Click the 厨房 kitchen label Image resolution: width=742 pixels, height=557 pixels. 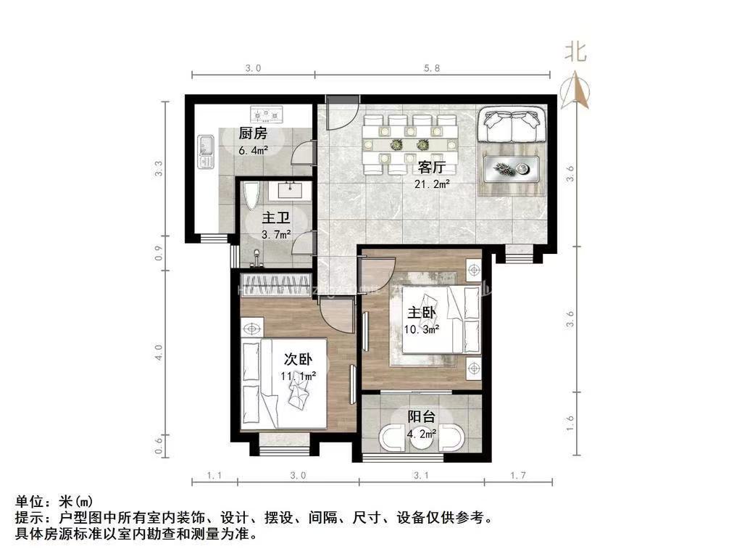254,133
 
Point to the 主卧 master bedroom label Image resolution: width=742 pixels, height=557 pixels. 422,313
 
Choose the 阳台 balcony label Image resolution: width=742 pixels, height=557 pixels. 421,417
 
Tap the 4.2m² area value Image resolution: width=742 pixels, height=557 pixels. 421,434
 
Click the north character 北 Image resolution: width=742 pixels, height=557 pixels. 575,51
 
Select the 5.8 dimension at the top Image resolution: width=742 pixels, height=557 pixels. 432,68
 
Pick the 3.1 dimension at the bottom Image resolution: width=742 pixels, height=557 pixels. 422,476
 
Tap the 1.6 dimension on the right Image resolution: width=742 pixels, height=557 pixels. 571,423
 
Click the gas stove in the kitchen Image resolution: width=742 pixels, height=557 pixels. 266,114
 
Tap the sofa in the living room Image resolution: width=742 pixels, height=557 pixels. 514,124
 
